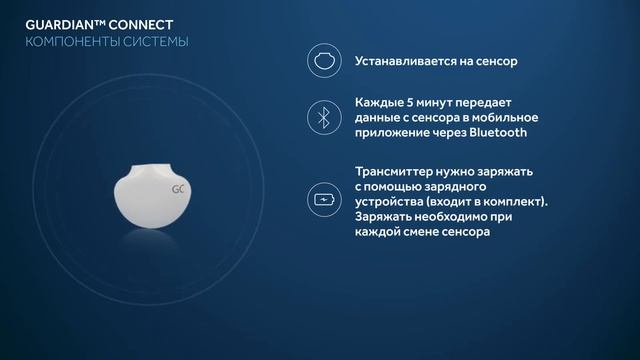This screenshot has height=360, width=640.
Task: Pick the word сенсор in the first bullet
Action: pyautogui.click(x=493, y=61)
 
